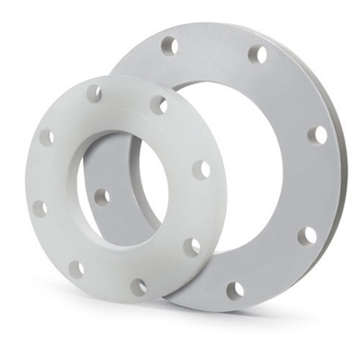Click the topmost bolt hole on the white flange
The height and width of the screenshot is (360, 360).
point(94,92)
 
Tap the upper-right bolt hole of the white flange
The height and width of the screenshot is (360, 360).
point(158,105)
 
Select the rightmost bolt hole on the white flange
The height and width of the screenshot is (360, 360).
point(202,169)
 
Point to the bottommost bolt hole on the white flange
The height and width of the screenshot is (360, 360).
point(139,287)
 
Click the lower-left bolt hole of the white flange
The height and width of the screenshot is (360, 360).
point(77,268)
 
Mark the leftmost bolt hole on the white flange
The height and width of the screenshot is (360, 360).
point(40,209)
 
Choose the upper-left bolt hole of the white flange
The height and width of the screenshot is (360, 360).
point(46,137)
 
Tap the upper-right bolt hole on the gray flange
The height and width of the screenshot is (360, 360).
point(257,55)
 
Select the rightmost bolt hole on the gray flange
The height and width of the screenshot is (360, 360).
point(317,135)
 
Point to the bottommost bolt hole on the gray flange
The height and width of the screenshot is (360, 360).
point(236,290)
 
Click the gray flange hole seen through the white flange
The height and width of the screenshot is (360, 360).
point(102,196)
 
